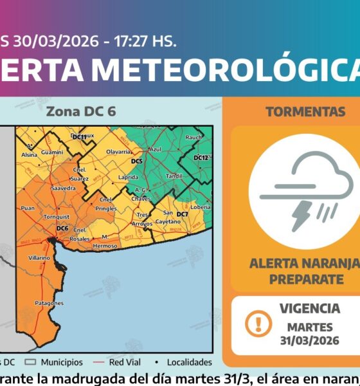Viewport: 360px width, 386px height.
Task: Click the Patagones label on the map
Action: point(49,302)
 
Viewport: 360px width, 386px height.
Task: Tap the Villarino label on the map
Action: point(39,257)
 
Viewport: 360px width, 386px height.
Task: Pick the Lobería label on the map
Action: point(201,207)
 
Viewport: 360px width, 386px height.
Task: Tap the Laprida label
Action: point(129,176)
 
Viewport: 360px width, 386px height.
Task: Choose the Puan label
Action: point(27,208)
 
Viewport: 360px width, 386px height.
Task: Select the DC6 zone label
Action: point(62,228)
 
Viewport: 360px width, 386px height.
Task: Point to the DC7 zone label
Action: point(182,214)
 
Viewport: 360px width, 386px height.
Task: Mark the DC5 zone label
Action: point(136,161)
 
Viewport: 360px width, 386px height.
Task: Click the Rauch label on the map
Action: point(194,137)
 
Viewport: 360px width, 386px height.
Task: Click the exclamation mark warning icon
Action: point(258,321)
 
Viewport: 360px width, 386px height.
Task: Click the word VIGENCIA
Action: point(310,308)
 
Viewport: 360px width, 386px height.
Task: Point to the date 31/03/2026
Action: point(309,341)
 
